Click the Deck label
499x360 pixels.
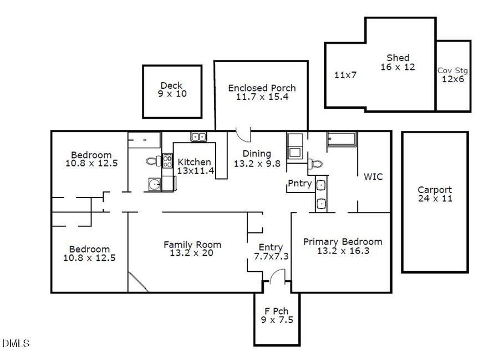(171, 85)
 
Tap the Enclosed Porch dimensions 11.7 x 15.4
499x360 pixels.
(262, 97)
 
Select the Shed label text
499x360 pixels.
(398, 58)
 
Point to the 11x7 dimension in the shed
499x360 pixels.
(345, 75)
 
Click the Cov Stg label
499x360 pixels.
(452, 70)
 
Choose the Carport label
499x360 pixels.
(434, 190)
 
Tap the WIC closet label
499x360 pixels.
(373, 177)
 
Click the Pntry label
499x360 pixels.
(299, 184)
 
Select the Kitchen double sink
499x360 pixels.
(198, 136)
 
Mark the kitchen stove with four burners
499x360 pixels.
(167, 161)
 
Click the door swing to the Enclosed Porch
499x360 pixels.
(244, 134)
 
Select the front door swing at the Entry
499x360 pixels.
(277, 276)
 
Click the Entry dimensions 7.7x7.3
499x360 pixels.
(271, 256)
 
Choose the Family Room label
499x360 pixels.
(192, 244)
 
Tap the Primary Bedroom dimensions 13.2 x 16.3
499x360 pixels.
(342, 251)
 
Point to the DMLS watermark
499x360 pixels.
(16, 344)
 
